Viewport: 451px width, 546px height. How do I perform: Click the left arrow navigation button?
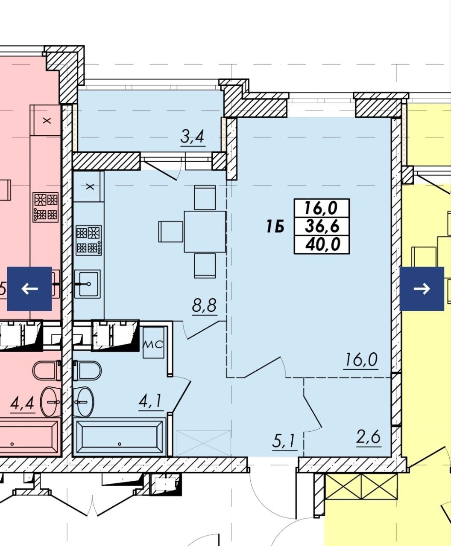(x=29, y=289)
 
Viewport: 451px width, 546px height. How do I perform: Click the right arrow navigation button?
(x=422, y=289)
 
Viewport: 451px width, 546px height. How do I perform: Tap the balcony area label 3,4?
(x=193, y=137)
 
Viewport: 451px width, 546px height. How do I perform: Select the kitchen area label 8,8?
(x=204, y=305)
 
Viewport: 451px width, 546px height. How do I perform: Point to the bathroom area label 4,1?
(x=150, y=401)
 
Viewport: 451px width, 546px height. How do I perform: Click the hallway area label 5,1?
(x=284, y=441)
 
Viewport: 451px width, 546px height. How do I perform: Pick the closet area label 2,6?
(x=368, y=437)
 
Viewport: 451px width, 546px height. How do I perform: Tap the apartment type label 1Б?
(x=275, y=227)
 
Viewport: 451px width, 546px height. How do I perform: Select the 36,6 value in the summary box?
(x=322, y=226)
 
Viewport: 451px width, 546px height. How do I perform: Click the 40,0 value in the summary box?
(x=323, y=244)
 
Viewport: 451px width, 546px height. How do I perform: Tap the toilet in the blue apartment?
(x=88, y=371)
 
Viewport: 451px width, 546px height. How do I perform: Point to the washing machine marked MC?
(x=153, y=343)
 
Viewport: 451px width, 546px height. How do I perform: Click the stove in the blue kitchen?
(x=88, y=240)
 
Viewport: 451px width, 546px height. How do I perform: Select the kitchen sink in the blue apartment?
(x=88, y=284)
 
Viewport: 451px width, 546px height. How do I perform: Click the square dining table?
(x=205, y=232)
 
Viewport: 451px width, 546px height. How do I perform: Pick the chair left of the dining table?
(x=171, y=232)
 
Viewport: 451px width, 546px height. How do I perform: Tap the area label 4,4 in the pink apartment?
(x=22, y=404)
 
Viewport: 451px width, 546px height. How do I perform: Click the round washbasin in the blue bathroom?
(x=85, y=402)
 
